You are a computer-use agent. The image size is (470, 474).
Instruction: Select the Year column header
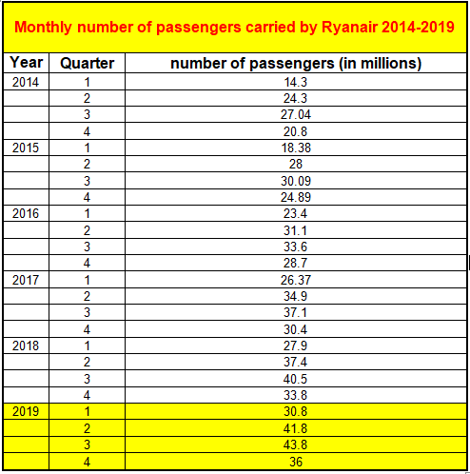pyautogui.click(x=27, y=62)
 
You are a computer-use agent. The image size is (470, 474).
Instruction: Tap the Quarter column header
pyautogui.click(x=88, y=63)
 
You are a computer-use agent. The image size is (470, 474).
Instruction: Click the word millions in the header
pyautogui.click(x=388, y=63)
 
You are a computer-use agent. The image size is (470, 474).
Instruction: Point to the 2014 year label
pyautogui.click(x=26, y=82)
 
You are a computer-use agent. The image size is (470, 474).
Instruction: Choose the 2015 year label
pyautogui.click(x=26, y=148)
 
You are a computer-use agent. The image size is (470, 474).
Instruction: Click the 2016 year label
pyautogui.click(x=26, y=213)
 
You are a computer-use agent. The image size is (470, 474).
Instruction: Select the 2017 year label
pyautogui.click(x=26, y=280)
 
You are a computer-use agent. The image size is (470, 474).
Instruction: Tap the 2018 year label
pyautogui.click(x=26, y=346)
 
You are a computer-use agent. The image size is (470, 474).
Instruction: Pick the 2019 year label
pyautogui.click(x=26, y=411)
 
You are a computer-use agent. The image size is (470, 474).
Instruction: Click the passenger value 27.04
pyautogui.click(x=296, y=114)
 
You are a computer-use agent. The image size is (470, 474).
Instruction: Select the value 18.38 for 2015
pyautogui.click(x=296, y=148)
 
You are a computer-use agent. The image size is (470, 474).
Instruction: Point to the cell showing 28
pyautogui.click(x=296, y=164)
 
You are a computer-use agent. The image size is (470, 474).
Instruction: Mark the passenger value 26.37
pyautogui.click(x=296, y=280)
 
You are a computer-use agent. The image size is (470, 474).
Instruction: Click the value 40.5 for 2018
pyautogui.click(x=295, y=379)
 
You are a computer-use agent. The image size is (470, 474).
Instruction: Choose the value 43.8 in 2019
pyautogui.click(x=295, y=444)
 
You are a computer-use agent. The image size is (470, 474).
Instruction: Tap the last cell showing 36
pyautogui.click(x=296, y=462)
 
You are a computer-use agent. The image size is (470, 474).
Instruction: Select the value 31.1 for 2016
pyautogui.click(x=295, y=230)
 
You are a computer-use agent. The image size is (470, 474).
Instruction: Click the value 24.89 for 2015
pyautogui.click(x=296, y=197)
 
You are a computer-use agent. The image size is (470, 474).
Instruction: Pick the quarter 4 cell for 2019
pyautogui.click(x=87, y=462)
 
